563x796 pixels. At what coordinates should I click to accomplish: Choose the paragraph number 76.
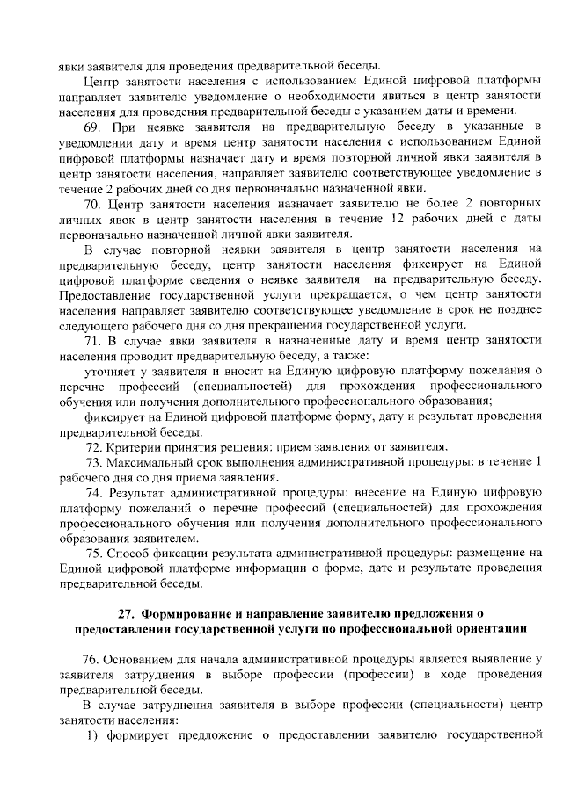pyautogui.click(x=91, y=659)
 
